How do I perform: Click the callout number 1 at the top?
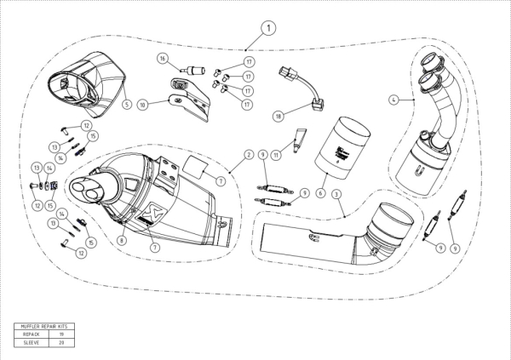pos(268,28)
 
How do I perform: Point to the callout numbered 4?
pos(394,100)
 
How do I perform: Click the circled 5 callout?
pos(126,105)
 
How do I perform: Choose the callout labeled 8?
pos(123,240)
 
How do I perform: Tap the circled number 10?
pos(143,106)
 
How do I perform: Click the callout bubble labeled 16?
pos(162,59)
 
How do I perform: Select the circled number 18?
pos(277,114)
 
